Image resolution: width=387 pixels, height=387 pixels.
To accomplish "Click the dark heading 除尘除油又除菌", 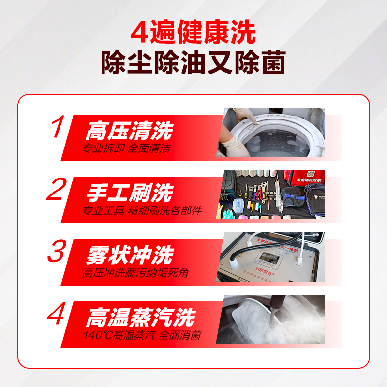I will point(193,63).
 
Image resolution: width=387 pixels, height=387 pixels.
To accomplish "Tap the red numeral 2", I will point(57,190).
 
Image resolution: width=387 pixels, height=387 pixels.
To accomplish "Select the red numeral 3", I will point(57,252).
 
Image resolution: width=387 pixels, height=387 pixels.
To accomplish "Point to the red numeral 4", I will point(57,314).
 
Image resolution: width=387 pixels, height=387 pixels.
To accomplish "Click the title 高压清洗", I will point(129,131).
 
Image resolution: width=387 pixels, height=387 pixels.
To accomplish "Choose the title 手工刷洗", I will point(129,193).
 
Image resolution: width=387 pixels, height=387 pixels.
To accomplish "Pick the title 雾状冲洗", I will point(129,255).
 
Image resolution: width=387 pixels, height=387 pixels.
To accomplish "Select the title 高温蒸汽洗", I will point(140,318).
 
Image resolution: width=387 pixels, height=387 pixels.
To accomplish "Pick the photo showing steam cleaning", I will point(273,319).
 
